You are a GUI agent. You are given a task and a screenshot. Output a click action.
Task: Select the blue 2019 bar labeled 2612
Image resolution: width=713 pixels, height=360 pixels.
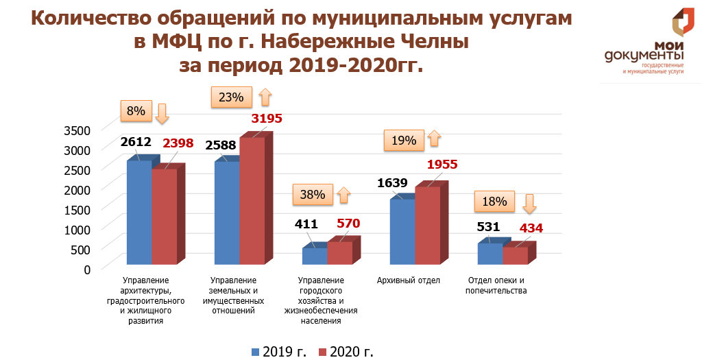click(x=138, y=212)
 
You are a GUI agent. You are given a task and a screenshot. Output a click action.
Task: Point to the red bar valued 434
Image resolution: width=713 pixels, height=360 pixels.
click(x=515, y=255)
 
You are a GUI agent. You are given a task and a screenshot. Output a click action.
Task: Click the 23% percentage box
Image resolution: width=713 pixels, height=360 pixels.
click(x=231, y=97)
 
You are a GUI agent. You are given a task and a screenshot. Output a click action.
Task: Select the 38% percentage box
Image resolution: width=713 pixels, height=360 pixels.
click(x=312, y=194)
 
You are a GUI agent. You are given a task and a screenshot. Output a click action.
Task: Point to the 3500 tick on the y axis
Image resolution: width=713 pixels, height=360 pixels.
click(x=77, y=130)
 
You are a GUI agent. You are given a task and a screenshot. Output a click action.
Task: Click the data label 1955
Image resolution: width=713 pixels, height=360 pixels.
click(x=442, y=165)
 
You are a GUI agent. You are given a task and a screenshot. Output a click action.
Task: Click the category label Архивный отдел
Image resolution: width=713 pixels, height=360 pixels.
click(x=409, y=280)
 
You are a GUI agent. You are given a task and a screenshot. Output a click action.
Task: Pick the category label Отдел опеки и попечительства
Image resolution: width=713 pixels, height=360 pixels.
click(x=496, y=285)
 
